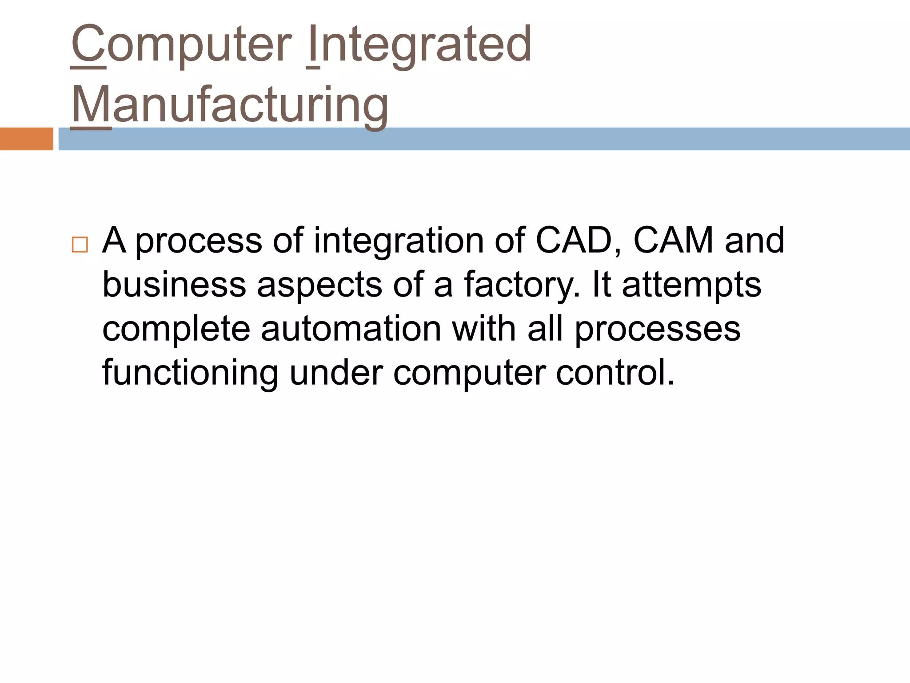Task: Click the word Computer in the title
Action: [x=181, y=44]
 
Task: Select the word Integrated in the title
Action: [x=419, y=44]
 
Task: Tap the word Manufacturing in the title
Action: [x=229, y=105]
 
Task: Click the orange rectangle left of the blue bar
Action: [x=26, y=139]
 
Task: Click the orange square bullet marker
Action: [x=80, y=245]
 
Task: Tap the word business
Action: [x=174, y=285]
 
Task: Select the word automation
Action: [x=351, y=329]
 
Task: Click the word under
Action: [x=336, y=373]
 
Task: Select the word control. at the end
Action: [x=615, y=373]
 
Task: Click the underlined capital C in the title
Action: [x=88, y=44]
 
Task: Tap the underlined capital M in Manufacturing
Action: [x=91, y=105]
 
